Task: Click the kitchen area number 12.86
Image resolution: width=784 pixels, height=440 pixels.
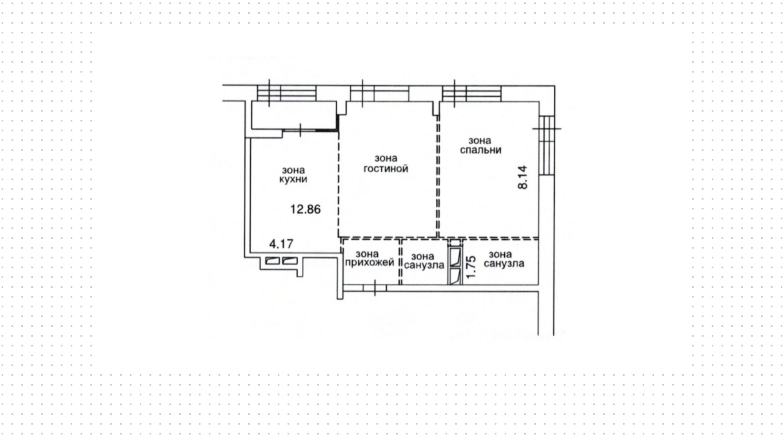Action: pyautogui.click(x=305, y=209)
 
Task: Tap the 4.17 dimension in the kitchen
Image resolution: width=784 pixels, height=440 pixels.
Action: pyautogui.click(x=281, y=244)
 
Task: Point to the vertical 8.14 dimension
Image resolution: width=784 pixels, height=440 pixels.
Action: pyautogui.click(x=523, y=177)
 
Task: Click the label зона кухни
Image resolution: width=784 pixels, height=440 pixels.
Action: pyautogui.click(x=293, y=175)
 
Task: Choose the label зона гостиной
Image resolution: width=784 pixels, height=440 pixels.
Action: pyautogui.click(x=386, y=163)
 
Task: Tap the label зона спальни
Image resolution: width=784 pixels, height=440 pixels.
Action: pyautogui.click(x=481, y=145)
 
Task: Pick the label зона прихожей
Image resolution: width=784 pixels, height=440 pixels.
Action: pyautogui.click(x=370, y=259)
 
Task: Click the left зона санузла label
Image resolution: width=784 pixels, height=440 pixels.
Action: pyautogui.click(x=424, y=261)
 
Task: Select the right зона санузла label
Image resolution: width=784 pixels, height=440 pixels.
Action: pyautogui.click(x=504, y=259)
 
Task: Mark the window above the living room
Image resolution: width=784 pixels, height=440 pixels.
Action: pyautogui.click(x=379, y=93)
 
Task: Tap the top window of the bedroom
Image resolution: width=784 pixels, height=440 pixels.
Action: pyautogui.click(x=472, y=93)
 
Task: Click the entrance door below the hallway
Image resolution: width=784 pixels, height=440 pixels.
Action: pyautogui.click(x=374, y=288)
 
